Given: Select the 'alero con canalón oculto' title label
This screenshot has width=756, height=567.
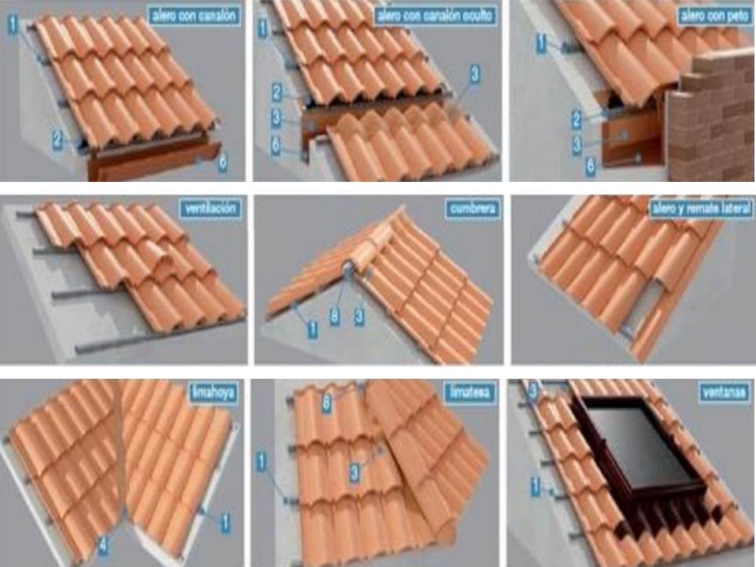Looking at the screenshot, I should [x=435, y=15].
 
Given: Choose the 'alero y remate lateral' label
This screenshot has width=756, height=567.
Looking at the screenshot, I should [x=699, y=209].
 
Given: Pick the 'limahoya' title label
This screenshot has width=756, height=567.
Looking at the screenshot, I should [x=213, y=391].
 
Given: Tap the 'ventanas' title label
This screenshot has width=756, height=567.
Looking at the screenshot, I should [x=724, y=391].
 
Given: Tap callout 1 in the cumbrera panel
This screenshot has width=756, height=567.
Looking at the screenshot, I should [x=312, y=330].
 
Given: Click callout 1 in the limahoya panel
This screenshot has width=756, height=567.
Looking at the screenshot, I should [x=225, y=521].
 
